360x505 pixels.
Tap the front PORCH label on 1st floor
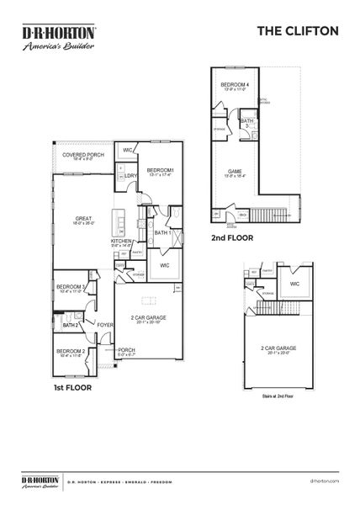[x=126, y=350]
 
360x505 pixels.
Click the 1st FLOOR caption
[x=71, y=388]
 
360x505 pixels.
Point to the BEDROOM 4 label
[x=235, y=85]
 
